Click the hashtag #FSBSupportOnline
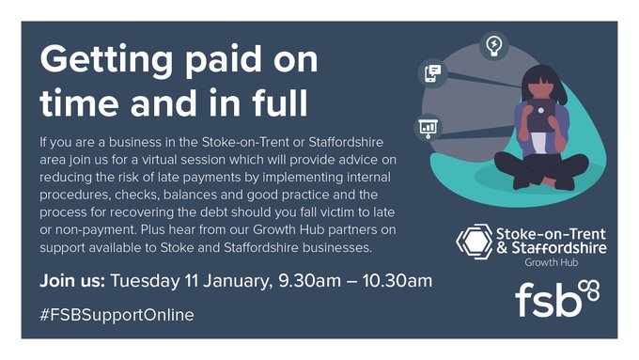tap(117, 315)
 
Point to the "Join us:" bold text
tap(72, 281)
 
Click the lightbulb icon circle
tap(492, 44)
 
